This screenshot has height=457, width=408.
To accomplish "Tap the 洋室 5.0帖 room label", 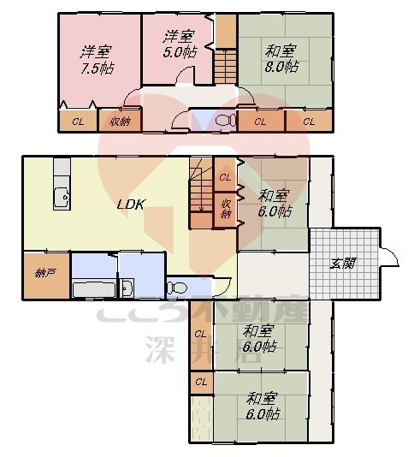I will tap(179, 43).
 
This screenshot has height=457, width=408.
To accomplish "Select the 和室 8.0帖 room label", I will tap(281, 57).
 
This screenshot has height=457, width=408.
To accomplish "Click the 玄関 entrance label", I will tap(344, 263).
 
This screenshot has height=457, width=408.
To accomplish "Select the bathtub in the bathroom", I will tap(92, 288).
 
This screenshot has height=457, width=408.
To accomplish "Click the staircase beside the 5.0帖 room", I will tap(224, 67).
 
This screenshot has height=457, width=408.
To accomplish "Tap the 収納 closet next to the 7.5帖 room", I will tap(120, 122).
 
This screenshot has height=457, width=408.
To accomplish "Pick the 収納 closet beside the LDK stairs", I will tap(226, 208).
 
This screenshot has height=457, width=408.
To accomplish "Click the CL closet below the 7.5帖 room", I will tap(78, 122).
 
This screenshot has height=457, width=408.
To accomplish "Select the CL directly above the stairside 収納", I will tap(225, 177).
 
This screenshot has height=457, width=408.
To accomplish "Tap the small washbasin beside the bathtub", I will tap(127, 287).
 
